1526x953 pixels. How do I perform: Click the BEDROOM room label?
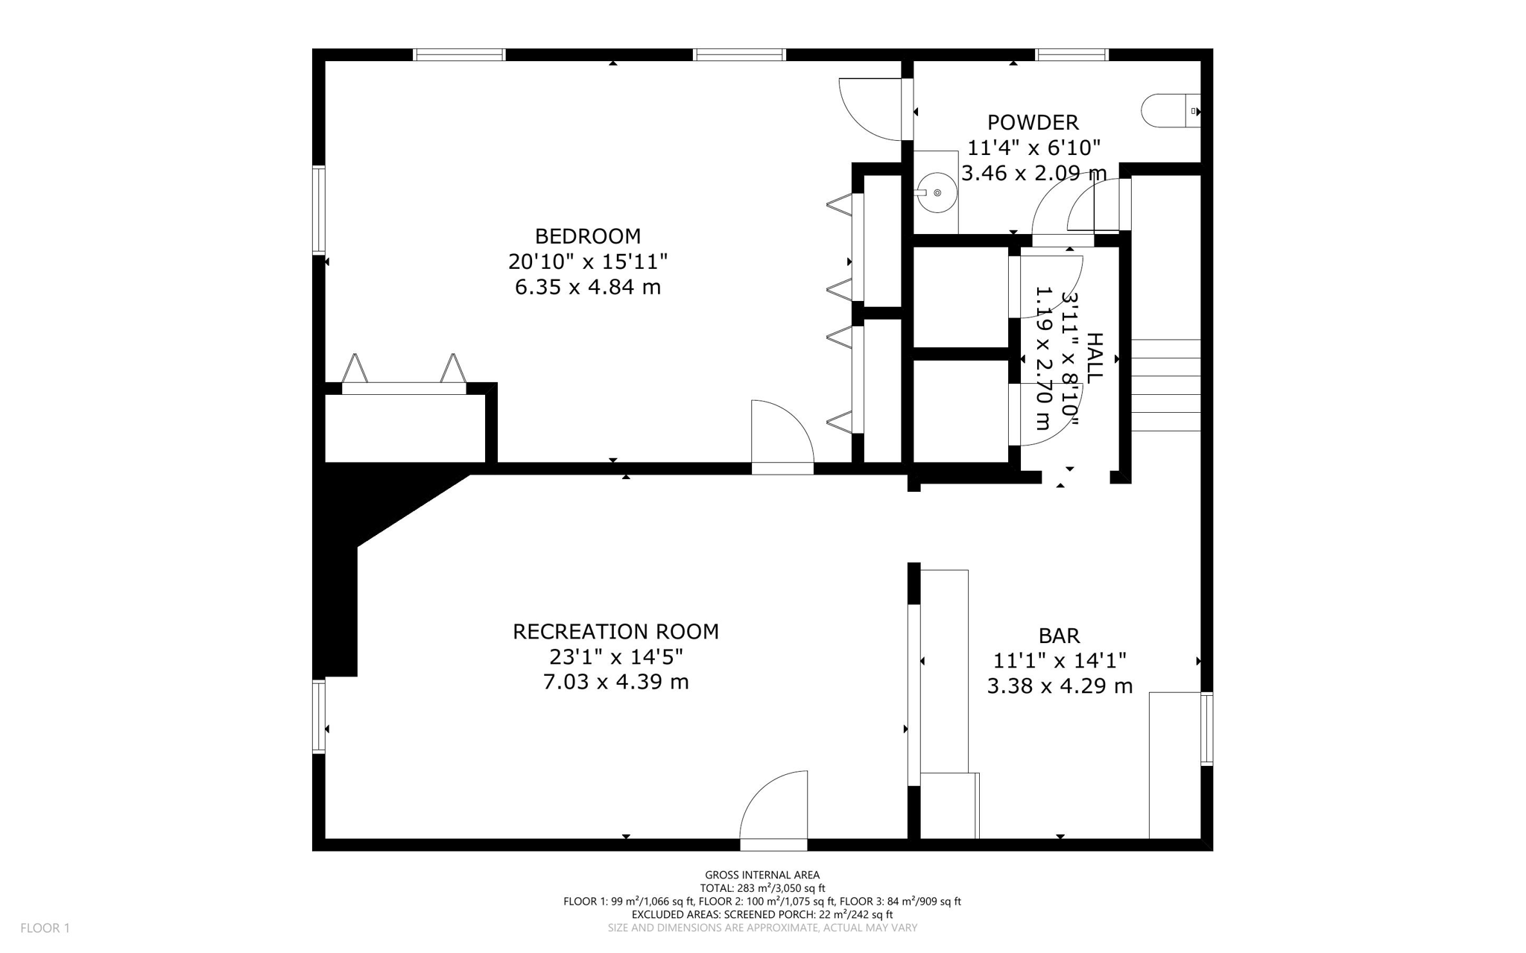587,236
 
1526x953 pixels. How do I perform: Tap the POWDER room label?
1032,122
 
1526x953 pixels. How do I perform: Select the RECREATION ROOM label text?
615,632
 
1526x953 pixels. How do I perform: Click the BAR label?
1059,636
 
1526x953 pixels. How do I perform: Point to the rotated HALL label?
1093,358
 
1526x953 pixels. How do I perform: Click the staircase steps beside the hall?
1165,385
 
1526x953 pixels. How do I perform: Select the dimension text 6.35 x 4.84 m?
587,287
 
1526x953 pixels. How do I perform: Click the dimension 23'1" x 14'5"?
615,657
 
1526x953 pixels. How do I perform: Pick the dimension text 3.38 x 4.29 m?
1059,686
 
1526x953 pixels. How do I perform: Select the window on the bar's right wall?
1206,729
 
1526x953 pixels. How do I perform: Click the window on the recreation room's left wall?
319,716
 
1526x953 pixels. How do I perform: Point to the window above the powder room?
1071,54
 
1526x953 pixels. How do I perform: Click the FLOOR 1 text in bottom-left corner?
45,928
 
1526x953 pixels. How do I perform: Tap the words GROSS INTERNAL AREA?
762,875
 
